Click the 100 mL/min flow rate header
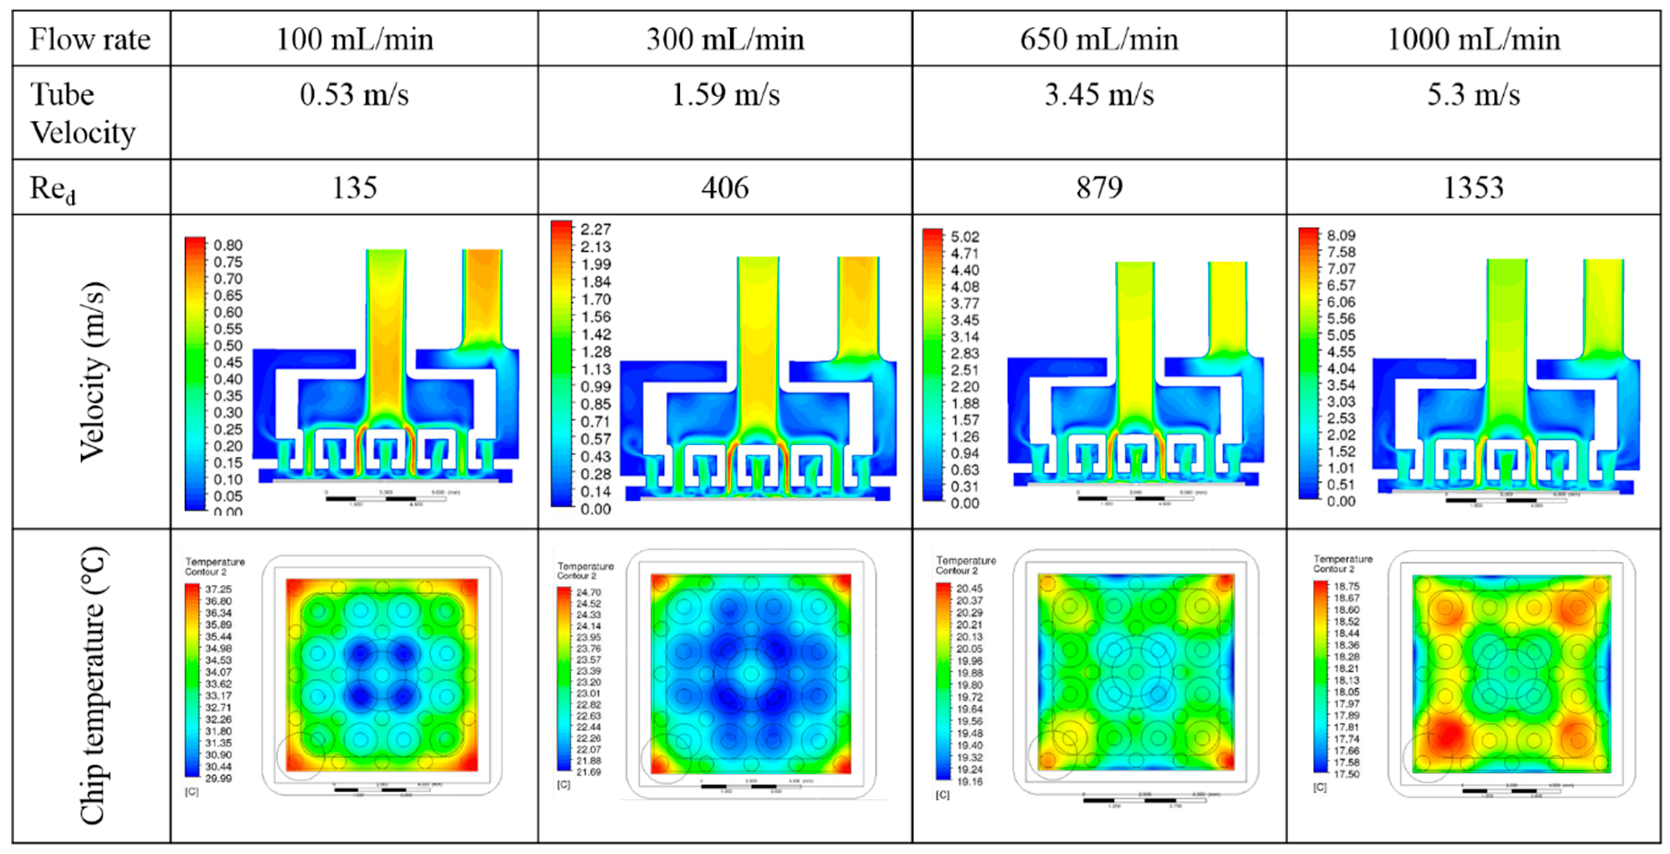click(355, 39)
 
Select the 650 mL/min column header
click(1099, 39)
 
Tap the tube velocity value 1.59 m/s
click(725, 94)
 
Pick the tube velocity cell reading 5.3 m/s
click(1473, 94)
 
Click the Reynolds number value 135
click(355, 187)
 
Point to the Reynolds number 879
click(1099, 187)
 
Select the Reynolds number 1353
click(1473, 187)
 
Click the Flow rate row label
click(90, 39)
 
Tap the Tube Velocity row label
click(83, 113)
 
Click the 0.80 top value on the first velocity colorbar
click(228, 245)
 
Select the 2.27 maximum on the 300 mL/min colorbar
click(595, 229)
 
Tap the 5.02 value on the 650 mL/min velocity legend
click(965, 236)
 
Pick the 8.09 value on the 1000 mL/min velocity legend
click(1341, 235)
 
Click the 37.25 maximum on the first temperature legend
click(218, 589)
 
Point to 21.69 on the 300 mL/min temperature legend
click(588, 772)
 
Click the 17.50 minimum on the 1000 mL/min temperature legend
click(1346, 774)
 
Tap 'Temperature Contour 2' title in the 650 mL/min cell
click(965, 565)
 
